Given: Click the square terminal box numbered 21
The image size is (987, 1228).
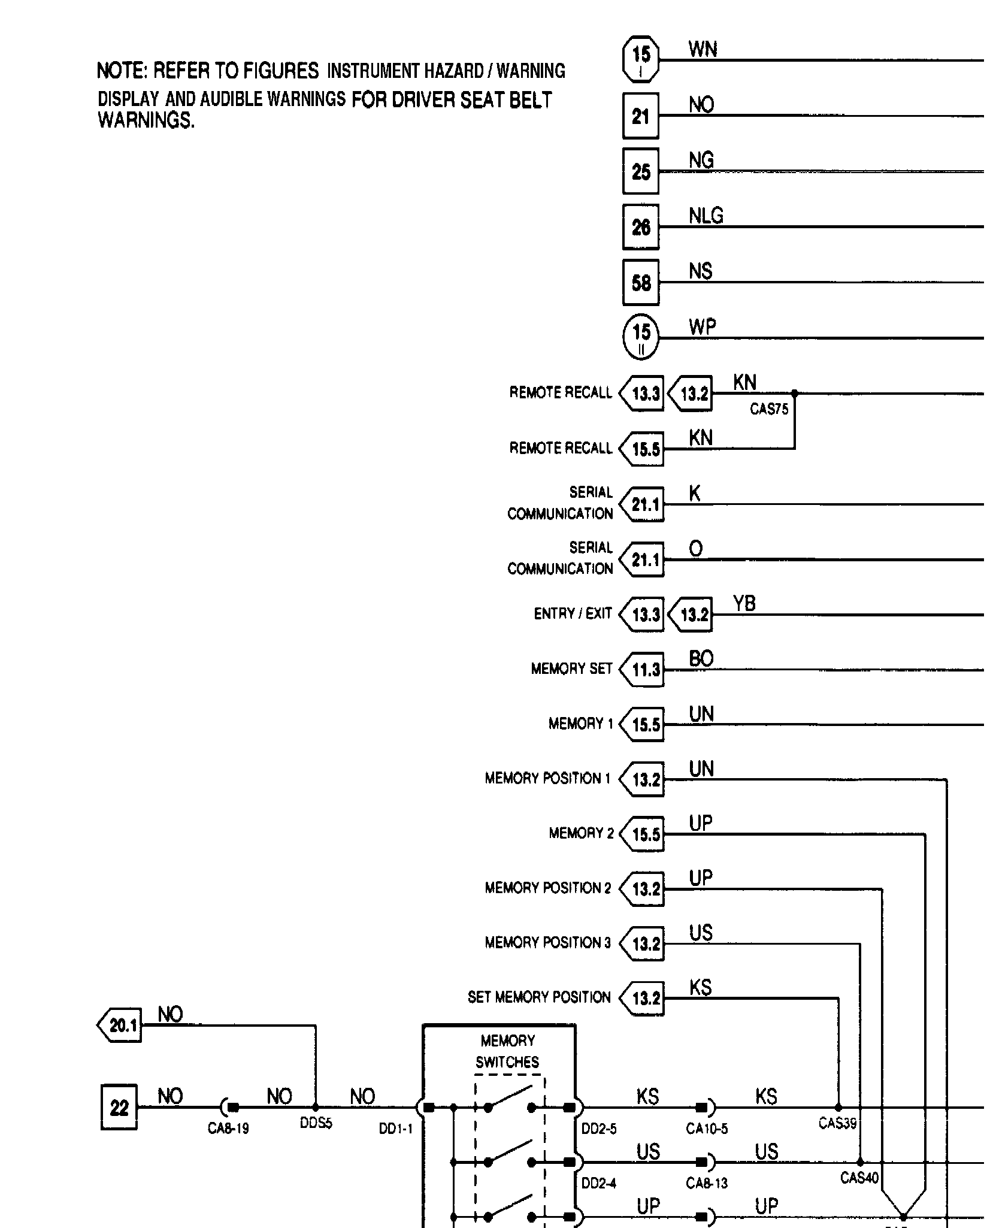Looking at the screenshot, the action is [x=640, y=116].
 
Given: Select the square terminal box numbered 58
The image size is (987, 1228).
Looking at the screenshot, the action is [x=640, y=282].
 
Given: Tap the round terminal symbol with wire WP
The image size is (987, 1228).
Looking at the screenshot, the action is [x=641, y=337].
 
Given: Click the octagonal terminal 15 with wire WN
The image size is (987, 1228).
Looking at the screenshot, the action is [x=641, y=59].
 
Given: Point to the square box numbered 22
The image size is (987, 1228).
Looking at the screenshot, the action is [x=119, y=1107].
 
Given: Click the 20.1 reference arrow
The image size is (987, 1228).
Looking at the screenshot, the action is [x=120, y=1025].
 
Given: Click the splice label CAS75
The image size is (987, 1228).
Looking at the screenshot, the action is [x=769, y=410].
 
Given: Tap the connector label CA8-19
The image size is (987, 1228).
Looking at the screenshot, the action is [x=228, y=1129].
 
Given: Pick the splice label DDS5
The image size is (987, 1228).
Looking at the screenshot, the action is [x=316, y=1123].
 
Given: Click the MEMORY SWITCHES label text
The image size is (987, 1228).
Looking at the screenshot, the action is [x=507, y=1051].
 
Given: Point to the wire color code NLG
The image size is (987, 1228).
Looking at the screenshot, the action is [x=706, y=216].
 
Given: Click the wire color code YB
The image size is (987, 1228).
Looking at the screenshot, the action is [x=744, y=603].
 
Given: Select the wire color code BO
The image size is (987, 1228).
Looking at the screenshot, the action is [x=701, y=659].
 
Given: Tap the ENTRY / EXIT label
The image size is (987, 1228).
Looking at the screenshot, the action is [x=573, y=613].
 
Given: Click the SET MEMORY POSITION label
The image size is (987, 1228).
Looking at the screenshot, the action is [x=539, y=997].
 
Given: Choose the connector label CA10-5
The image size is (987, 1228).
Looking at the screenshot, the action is [x=707, y=1129].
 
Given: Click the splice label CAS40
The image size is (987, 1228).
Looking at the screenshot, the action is [x=859, y=1178].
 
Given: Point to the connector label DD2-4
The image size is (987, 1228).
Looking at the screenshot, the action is [x=598, y=1183].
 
